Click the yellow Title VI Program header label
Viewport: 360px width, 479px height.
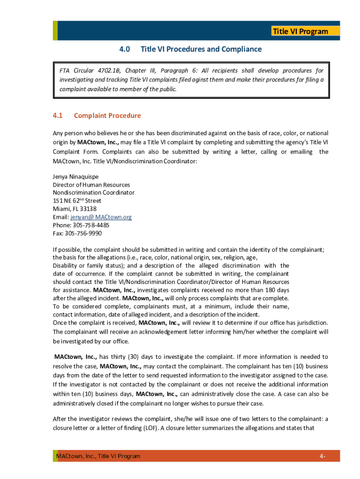click(300, 31)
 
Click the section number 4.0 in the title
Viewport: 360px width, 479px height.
click(124, 49)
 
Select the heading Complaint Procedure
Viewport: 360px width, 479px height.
click(107, 116)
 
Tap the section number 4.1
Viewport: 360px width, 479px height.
click(58, 116)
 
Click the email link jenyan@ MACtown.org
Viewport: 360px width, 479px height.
click(101, 217)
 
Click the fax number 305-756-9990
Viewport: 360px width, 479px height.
click(84, 233)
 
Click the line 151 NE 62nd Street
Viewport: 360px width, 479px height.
click(77, 201)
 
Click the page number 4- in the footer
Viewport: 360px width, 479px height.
click(323, 456)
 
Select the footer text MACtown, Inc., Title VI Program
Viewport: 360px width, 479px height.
click(98, 456)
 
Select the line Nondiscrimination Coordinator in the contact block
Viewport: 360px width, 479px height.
click(94, 193)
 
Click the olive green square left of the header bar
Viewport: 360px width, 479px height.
click(55, 30)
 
